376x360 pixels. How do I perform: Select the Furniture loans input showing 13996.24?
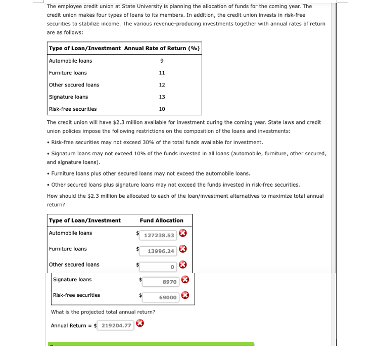159,251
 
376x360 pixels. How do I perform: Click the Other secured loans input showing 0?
159,266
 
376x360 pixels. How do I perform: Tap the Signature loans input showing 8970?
161,282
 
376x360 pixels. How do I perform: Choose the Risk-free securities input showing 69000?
161,297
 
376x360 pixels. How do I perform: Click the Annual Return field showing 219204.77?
116,325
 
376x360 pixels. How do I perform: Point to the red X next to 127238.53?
183,233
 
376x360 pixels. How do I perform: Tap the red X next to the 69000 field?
185,296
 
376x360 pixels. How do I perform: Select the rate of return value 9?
161,61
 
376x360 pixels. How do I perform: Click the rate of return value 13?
162,97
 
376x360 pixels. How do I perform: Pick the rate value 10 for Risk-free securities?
162,109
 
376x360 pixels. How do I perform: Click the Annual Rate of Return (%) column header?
162,49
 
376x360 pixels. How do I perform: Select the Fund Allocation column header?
161,220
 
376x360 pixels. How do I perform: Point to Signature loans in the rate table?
68,97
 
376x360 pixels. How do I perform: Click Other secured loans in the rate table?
74,85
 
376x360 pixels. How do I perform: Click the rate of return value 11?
162,73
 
